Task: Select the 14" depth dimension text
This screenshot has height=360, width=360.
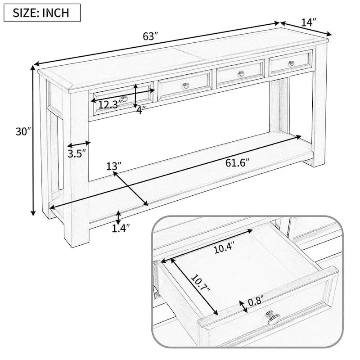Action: (x=309, y=21)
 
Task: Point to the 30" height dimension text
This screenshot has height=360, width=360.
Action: (x=22, y=132)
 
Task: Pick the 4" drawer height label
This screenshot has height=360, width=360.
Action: (x=141, y=110)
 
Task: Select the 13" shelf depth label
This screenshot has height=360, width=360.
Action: (x=114, y=166)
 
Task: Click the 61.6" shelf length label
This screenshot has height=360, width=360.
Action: (x=237, y=162)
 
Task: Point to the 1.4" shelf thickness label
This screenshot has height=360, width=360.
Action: (x=121, y=229)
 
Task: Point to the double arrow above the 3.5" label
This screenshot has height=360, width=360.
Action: (x=79, y=144)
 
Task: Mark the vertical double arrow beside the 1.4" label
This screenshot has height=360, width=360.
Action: (x=118, y=217)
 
